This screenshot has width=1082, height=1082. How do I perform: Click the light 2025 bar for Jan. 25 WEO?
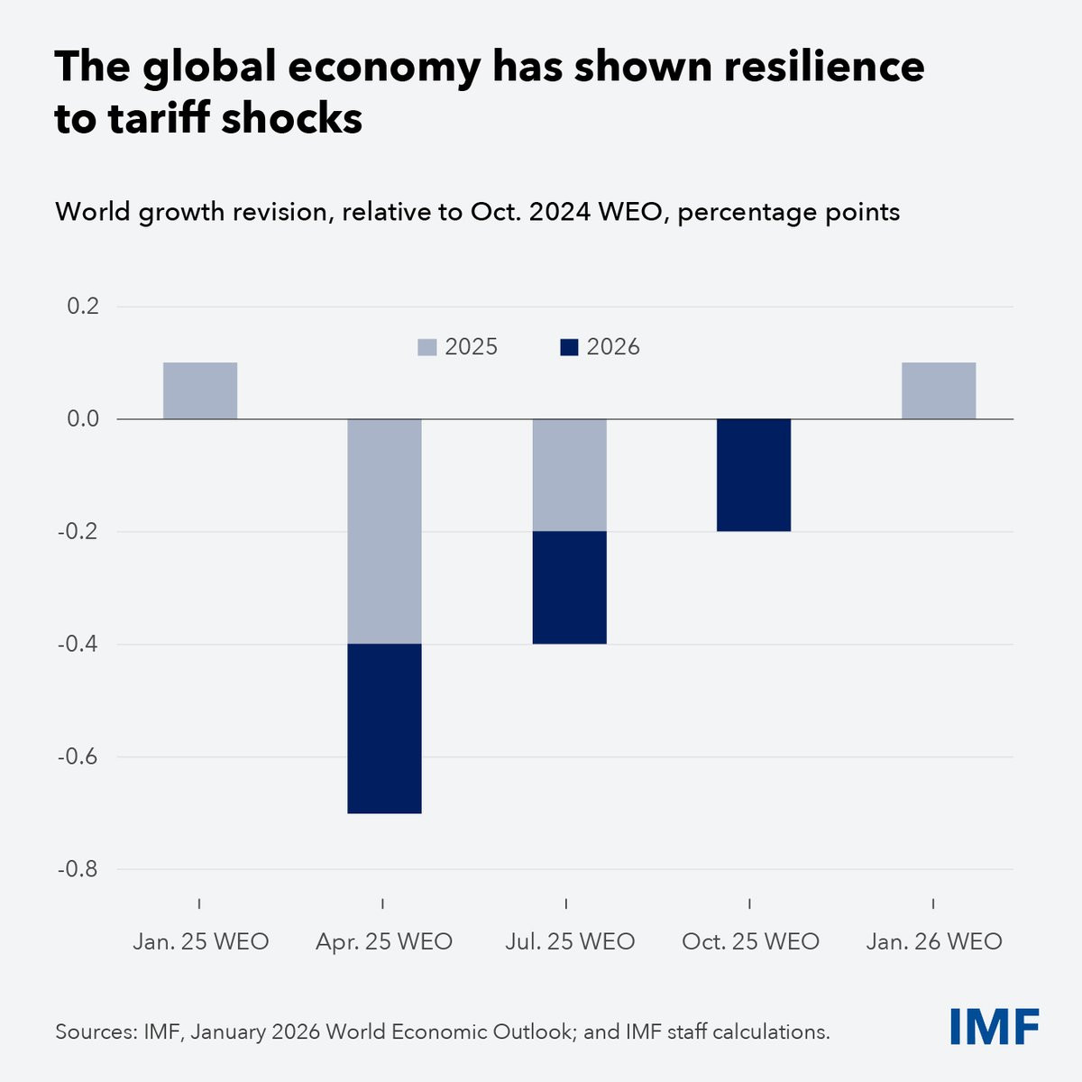pyautogui.click(x=200, y=390)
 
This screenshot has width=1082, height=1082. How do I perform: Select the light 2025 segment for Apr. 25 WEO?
pyautogui.click(x=384, y=531)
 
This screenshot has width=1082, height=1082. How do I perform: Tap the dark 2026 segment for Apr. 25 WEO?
pyautogui.click(x=384, y=729)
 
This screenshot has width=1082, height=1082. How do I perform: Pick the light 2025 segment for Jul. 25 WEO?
pyautogui.click(x=569, y=475)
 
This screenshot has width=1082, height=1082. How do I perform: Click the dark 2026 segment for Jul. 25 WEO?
pyautogui.click(x=569, y=587)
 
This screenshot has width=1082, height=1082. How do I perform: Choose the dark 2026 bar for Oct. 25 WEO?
pyautogui.click(x=754, y=475)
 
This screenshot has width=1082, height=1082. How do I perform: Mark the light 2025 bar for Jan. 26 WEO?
pyautogui.click(x=939, y=390)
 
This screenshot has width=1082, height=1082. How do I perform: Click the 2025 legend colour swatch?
pyautogui.click(x=426, y=347)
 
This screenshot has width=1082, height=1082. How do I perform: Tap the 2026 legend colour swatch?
pyautogui.click(x=569, y=347)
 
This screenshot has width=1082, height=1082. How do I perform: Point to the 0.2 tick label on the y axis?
pyautogui.click(x=83, y=307)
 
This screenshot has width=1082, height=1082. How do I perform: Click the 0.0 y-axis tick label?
pyautogui.click(x=83, y=419)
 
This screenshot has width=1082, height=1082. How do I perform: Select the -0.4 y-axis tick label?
pyautogui.click(x=78, y=644)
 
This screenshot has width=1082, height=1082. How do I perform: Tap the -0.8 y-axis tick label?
pyautogui.click(x=78, y=869)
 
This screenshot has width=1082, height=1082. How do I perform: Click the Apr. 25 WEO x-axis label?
pyautogui.click(x=384, y=941)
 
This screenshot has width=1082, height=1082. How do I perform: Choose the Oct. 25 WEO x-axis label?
pyautogui.click(x=751, y=941)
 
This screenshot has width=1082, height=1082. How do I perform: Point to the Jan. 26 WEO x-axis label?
pyautogui.click(x=934, y=941)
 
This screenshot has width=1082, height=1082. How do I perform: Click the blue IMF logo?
pyautogui.click(x=995, y=1027)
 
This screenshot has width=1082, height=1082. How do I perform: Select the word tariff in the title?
pyautogui.click(x=159, y=118)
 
